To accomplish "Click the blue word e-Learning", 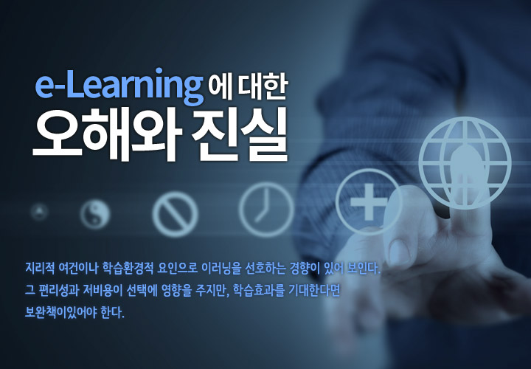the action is point(119,87).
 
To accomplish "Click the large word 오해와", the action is point(105,135).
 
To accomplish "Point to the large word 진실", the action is point(240,135).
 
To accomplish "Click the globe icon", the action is point(465,163).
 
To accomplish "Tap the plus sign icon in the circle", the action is point(368,201).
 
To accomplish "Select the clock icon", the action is point(266,209).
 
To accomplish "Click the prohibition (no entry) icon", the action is point(175,214).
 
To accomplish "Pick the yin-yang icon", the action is point(95,215).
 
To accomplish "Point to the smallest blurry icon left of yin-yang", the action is point(39,212).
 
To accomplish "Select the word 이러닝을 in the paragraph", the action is point(221,268).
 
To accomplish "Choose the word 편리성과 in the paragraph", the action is point(59,290).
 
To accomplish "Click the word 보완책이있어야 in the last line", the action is point(60,312).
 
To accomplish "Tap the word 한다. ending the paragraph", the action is point(113,312).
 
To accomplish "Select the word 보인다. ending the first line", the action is point(364,268).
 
